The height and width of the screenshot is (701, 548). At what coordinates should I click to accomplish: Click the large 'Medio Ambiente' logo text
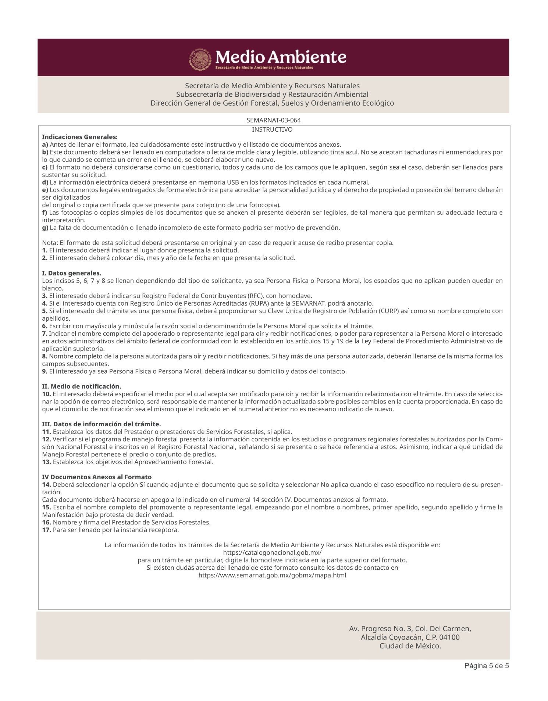click(281, 57)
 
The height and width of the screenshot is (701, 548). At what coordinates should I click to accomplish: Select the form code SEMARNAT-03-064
click(271, 120)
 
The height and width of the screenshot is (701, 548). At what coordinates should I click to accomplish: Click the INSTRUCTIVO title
click(272, 129)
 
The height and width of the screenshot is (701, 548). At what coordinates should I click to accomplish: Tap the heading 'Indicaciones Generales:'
click(80, 137)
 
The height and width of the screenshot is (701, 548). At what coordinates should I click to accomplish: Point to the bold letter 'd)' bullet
click(45, 182)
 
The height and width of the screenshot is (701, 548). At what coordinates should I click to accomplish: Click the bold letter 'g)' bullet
click(45, 228)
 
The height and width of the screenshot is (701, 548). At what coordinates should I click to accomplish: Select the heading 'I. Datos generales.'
click(72, 273)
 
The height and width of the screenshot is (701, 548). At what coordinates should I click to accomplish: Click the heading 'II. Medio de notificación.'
click(82, 387)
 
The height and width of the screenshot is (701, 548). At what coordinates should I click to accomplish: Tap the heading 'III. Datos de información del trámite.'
click(102, 424)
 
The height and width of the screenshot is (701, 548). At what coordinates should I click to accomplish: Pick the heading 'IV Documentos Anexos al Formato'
click(97, 477)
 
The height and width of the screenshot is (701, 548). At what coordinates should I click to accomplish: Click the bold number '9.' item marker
click(45, 371)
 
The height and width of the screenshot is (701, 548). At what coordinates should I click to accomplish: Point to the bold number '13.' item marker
click(47, 462)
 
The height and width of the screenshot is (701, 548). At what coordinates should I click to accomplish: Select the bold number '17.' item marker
click(47, 530)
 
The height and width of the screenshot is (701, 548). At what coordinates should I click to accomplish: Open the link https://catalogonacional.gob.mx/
click(273, 552)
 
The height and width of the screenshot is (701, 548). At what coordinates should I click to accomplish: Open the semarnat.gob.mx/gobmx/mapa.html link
click(273, 575)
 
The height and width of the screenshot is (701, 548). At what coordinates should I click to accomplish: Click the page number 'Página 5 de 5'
click(487, 666)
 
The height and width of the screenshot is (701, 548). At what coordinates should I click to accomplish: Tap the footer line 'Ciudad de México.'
click(410, 646)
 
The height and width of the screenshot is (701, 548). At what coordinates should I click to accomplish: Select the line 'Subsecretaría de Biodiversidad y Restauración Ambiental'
click(272, 95)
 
